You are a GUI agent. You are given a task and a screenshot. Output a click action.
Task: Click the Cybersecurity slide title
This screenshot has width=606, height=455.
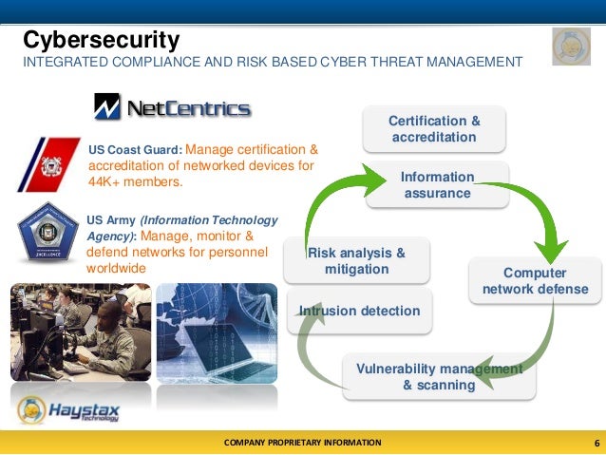102,40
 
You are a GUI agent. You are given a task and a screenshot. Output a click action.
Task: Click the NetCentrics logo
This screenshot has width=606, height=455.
172,106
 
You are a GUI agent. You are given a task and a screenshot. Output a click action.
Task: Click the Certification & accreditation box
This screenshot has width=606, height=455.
434,129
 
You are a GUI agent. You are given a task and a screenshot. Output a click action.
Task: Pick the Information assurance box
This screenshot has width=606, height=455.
436,185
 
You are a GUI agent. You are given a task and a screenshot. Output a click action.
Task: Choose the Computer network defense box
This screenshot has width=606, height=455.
535,281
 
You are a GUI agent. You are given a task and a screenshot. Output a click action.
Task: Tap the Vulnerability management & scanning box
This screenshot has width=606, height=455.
439,377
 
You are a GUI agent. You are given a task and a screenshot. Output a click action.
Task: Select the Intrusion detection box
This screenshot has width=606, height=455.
359,311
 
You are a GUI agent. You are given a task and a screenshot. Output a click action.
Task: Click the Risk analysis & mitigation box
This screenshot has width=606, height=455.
356,260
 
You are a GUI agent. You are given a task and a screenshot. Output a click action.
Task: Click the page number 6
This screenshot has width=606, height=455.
596,443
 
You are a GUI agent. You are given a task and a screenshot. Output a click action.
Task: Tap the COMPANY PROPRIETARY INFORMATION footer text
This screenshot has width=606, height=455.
302,443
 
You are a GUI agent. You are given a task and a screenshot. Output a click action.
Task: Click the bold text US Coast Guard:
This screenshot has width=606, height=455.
133,150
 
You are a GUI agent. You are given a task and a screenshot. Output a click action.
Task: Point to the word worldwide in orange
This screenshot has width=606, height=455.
117,268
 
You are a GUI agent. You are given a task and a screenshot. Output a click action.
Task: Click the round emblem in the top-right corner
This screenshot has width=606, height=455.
571,46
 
